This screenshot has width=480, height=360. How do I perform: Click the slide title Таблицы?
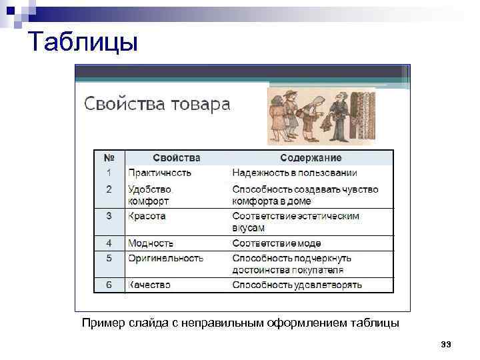83,43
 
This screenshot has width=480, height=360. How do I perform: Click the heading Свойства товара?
157,105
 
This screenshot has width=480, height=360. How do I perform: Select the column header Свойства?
176,158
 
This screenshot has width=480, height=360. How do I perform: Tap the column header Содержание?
311,158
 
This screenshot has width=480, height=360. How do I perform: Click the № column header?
109,158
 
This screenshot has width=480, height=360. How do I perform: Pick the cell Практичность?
159,173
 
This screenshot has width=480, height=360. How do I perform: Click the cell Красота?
147,216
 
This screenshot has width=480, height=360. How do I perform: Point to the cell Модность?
151,244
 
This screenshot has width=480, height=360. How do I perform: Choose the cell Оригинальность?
165,258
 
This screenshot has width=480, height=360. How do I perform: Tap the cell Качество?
149,285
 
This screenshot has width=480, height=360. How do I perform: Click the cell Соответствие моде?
277,244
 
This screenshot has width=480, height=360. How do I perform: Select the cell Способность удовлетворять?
297,285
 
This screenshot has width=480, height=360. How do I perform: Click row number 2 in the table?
109,189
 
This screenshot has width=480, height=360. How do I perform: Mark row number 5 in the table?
109,258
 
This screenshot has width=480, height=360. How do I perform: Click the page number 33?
446,344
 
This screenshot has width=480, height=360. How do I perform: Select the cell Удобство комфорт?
149,195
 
